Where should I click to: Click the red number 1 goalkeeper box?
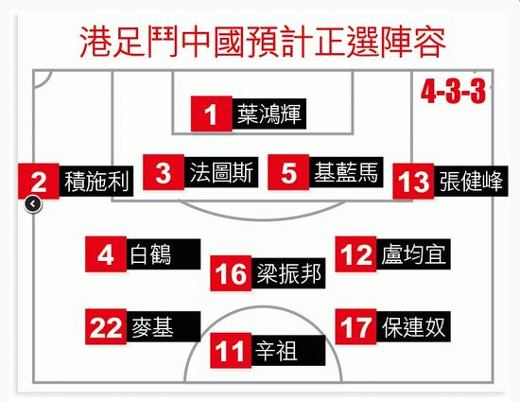point(211,114)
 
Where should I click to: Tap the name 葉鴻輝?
point(269,114)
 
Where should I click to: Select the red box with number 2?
point(39,182)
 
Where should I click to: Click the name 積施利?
point(96,182)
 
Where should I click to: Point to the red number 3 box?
point(164,172)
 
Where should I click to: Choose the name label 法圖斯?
point(221,172)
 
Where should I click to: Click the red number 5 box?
point(288,172)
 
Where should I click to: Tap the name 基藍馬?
point(346,172)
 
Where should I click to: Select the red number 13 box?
point(413,182)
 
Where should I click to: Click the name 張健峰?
point(471,182)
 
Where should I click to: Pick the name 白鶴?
point(150,254)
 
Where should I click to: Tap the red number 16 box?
point(231,273)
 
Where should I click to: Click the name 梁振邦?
point(288,273)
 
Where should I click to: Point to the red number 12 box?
point(355,254)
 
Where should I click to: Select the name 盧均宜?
point(413,254)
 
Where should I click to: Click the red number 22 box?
point(106,326)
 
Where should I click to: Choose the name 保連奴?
point(413,326)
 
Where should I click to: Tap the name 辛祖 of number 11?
point(276,351)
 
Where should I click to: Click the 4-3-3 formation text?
point(453,92)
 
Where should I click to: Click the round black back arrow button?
point(33,204)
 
